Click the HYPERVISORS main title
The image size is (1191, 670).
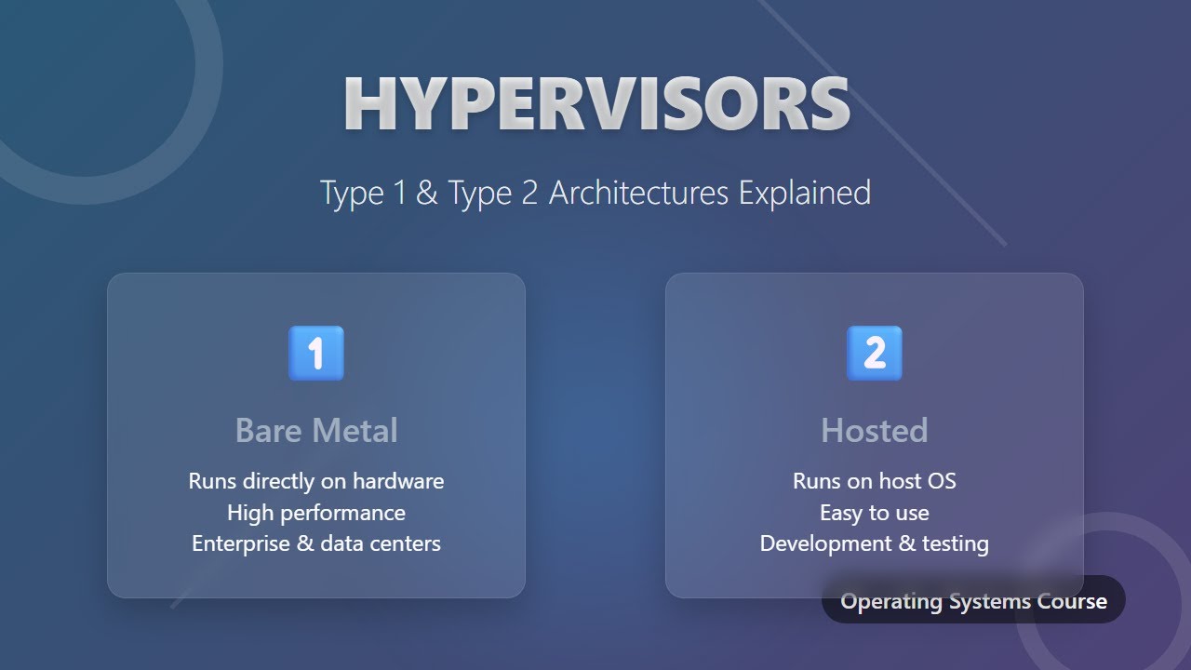pyautogui.click(x=596, y=104)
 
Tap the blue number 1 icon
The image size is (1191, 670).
pyautogui.click(x=316, y=354)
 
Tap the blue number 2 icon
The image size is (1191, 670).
pyautogui.click(x=875, y=354)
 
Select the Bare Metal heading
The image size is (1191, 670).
pyautogui.click(x=316, y=431)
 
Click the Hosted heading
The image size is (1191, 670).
pyautogui.click(x=875, y=431)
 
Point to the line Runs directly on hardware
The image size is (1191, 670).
pyautogui.click(x=316, y=481)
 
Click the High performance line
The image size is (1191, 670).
pyautogui.click(x=316, y=513)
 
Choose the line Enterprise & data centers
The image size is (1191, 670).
pyautogui.click(x=316, y=543)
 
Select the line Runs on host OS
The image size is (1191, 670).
pyautogui.click(x=875, y=481)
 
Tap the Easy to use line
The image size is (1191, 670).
pyautogui.click(x=875, y=513)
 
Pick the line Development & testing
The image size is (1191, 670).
pyautogui.click(x=875, y=543)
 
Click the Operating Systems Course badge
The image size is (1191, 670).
pyautogui.click(x=973, y=600)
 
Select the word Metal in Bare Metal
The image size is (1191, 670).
pyautogui.click(x=356, y=431)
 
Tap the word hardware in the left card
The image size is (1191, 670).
pyautogui.click(x=397, y=481)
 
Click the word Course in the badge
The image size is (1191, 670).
pyautogui.click(x=1076, y=601)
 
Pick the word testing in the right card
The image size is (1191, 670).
pyautogui.click(x=955, y=543)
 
